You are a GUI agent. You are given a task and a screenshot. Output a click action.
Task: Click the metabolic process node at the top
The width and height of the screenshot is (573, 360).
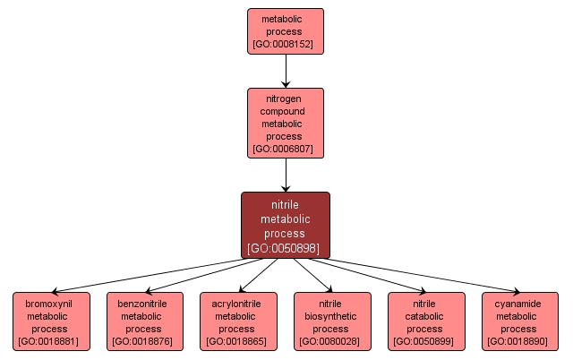pos(285,30)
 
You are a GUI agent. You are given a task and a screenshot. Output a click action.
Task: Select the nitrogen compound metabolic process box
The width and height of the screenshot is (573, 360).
pos(285,123)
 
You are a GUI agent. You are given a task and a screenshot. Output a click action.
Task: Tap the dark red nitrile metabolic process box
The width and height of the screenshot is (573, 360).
pos(285,225)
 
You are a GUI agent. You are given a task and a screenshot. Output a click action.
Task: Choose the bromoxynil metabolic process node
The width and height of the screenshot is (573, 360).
pos(51,321)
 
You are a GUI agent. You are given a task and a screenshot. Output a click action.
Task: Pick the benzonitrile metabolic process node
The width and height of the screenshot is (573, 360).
pos(144,321)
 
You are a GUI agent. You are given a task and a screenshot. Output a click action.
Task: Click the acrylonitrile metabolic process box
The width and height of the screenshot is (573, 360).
pos(237,321)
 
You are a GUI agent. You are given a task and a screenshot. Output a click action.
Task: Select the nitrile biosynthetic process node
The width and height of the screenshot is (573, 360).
pos(331,321)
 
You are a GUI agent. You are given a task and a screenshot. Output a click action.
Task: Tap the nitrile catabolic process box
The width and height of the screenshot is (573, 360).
pos(425,321)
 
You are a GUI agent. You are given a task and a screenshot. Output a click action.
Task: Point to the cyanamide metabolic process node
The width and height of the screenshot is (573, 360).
pos(519,321)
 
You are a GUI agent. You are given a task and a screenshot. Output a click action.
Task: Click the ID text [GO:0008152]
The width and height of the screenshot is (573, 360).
pos(285,43)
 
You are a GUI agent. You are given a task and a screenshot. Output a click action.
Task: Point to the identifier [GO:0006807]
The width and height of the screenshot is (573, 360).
pos(285,149)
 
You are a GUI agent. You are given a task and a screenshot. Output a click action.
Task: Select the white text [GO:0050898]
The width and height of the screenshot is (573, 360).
pos(285,247)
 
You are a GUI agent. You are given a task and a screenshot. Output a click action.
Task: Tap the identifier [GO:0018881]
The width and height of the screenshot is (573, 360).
pos(51,341)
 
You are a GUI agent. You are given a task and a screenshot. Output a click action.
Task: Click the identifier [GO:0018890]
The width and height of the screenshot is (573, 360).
pos(519,341)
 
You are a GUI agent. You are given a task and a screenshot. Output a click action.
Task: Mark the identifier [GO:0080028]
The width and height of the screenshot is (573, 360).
pos(331,341)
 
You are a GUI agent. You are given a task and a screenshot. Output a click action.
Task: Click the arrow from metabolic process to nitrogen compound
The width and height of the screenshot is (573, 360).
pos(285,70)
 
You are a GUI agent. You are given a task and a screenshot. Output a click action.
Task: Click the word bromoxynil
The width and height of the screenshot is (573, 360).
pos(51,304)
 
